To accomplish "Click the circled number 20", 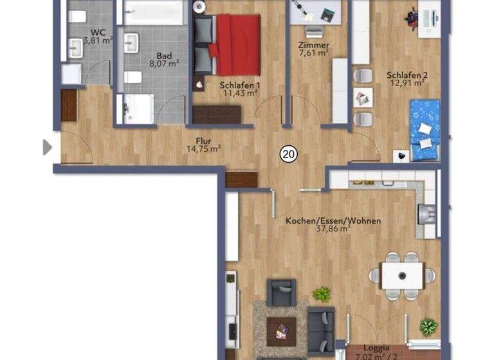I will point(289,154).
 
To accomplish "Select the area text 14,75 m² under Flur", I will point(203,148).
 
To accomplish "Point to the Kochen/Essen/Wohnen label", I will point(333,221).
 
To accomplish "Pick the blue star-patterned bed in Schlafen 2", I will point(425,130).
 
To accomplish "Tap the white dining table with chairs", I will point(402,275).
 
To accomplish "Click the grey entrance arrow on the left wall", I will point(46,147).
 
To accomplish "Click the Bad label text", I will point(163,55).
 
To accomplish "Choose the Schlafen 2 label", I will point(407,74).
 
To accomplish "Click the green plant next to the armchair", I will point(321,294).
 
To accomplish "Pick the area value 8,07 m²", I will point(163,64).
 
